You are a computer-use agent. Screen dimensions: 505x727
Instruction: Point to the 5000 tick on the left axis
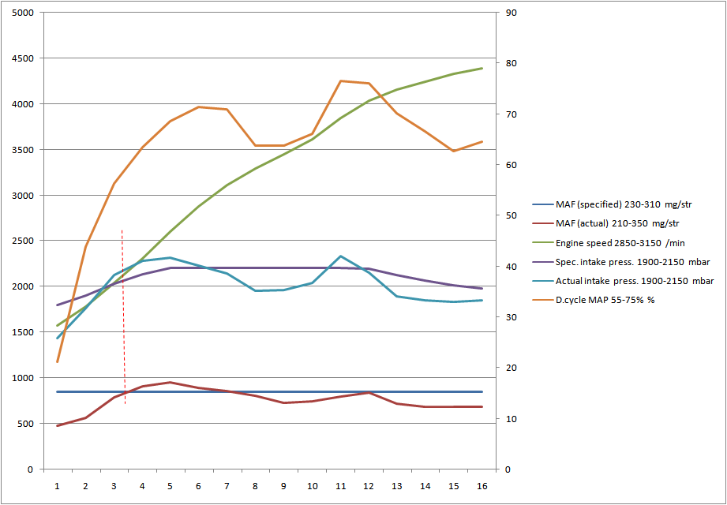pyautogui.click(x=23, y=13)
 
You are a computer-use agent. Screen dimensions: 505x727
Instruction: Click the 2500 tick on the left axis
pyautogui.click(x=23, y=241)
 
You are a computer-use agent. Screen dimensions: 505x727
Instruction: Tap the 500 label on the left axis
pyautogui.click(x=25, y=424)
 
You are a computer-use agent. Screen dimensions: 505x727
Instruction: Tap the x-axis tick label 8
pyautogui.click(x=256, y=487)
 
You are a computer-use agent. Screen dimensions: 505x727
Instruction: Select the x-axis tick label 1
pyautogui.click(x=58, y=487)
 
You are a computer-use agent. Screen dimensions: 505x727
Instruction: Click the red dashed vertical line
pyautogui.click(x=123, y=316)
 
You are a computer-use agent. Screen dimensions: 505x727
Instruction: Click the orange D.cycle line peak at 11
pyautogui.click(x=340, y=80)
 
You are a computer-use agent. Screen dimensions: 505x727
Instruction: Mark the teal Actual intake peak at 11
pyautogui.click(x=340, y=256)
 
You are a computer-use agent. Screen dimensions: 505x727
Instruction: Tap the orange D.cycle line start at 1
pyautogui.click(x=58, y=361)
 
